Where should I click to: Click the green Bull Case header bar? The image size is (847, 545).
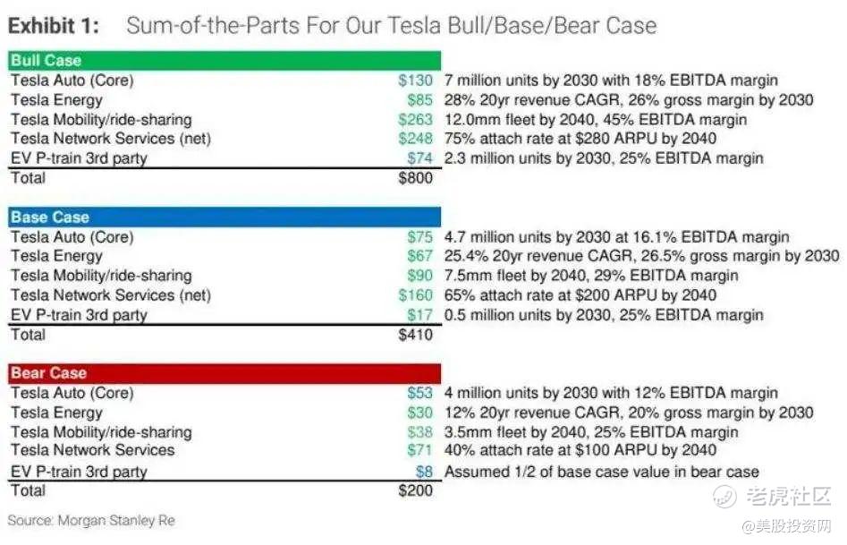[x=224, y=61]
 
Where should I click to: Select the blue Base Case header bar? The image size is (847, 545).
[x=224, y=217]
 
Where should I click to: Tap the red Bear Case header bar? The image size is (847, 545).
[x=224, y=373]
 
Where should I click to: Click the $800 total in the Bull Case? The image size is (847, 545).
[x=414, y=178]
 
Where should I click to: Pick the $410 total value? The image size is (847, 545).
[x=414, y=335]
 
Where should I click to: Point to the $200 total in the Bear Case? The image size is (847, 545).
[x=414, y=490]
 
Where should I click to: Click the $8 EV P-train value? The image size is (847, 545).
[x=424, y=472]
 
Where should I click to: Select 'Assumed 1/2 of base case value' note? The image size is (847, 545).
[x=601, y=472]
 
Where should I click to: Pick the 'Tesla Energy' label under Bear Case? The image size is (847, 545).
[x=56, y=413]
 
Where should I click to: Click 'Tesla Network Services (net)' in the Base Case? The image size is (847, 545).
[x=111, y=295]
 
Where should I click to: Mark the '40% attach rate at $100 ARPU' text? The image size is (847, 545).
[x=580, y=450]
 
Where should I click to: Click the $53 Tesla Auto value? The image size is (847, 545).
[x=419, y=393]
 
